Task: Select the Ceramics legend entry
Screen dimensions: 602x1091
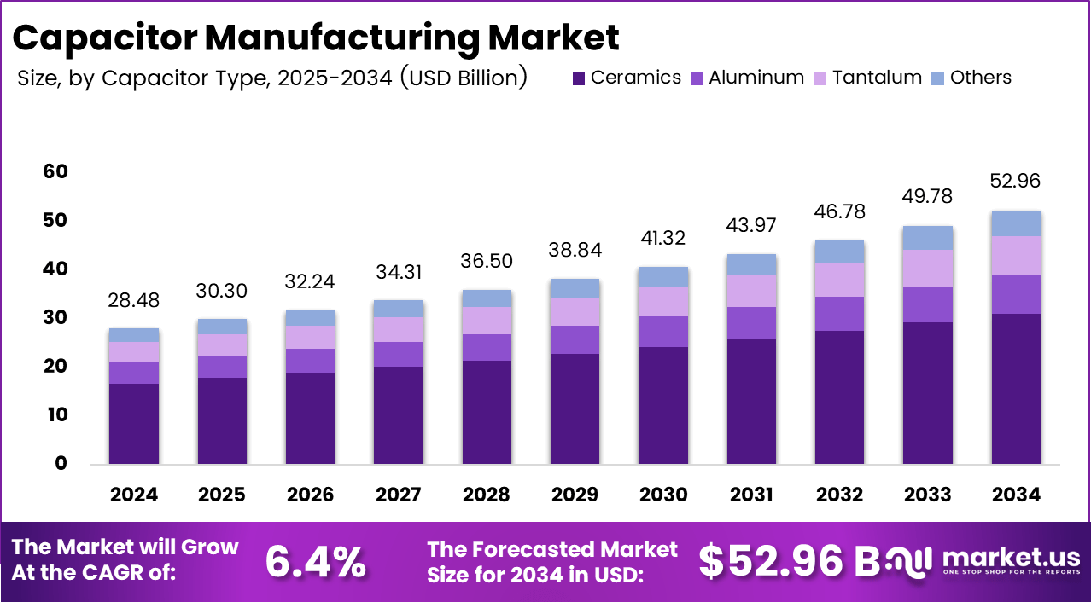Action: (627, 78)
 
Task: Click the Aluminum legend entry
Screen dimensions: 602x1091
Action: (747, 78)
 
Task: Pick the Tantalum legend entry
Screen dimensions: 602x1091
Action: (868, 78)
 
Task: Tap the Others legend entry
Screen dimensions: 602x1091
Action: (971, 78)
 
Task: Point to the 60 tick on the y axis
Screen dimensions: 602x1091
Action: (55, 172)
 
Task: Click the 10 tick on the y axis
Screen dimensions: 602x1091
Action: (55, 415)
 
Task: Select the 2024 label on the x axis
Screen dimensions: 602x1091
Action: (134, 495)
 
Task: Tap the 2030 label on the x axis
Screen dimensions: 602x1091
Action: (663, 495)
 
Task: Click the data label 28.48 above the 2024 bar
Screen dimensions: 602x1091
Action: (134, 300)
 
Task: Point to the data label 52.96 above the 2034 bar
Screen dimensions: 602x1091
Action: (1015, 181)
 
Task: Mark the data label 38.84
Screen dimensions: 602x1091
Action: (575, 250)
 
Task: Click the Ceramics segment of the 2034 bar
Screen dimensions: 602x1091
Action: (1015, 389)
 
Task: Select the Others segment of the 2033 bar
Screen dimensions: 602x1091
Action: (927, 238)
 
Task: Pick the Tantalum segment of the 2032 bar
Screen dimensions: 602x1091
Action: (839, 280)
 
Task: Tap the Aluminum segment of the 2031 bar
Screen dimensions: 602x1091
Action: (751, 323)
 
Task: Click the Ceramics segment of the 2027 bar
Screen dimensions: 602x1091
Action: (399, 415)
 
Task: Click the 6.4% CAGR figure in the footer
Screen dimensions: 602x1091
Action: (316, 561)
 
